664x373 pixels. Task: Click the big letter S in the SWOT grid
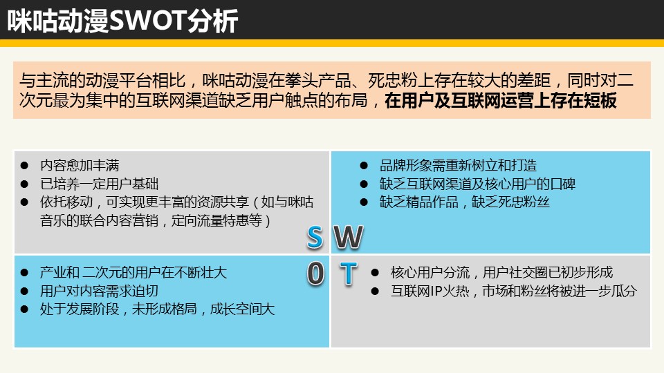[x=315, y=237]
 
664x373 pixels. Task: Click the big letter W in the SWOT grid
[x=349, y=237]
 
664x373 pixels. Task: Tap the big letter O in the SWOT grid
[x=315, y=274]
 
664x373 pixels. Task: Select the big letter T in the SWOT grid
[x=348, y=274]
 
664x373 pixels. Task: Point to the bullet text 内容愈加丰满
[x=80, y=165]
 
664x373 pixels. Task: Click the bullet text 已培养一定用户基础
[x=99, y=184]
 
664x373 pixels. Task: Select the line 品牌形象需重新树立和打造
[x=458, y=165]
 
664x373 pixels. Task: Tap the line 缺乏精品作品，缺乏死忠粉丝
[x=465, y=202]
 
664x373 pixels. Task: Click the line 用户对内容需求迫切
[x=99, y=291]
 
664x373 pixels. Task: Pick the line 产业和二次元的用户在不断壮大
[x=133, y=272]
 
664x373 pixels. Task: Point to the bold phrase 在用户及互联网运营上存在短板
[x=501, y=101]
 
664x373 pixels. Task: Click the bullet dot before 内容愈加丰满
[x=24, y=165]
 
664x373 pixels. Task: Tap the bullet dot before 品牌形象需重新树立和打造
[x=364, y=165]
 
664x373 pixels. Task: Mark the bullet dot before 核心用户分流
[x=375, y=273]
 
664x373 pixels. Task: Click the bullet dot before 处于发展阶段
[x=24, y=309]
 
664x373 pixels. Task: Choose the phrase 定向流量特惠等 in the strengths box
[x=216, y=221]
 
